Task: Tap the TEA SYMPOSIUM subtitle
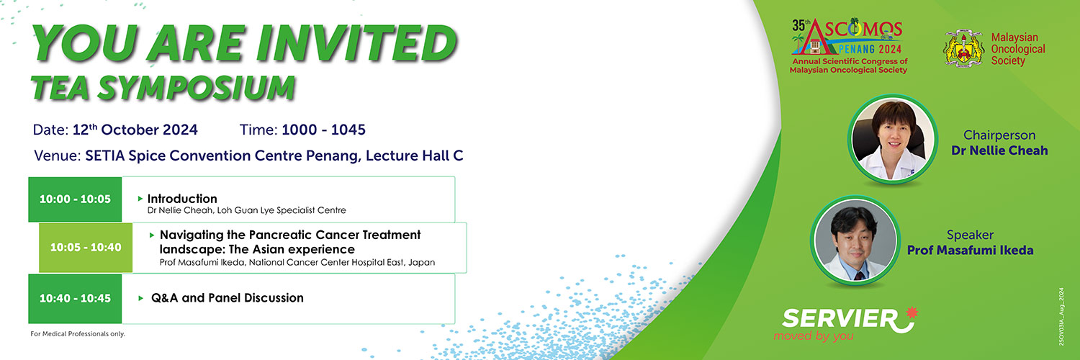[x=163, y=88]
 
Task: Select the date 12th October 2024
[x=135, y=130]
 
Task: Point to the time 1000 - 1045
[x=323, y=130]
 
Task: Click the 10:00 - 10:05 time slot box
[x=75, y=199]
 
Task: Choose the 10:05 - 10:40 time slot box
[x=86, y=248]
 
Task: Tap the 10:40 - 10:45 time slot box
[x=75, y=299]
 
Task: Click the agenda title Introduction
[x=182, y=199]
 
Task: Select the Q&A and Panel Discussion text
[x=228, y=298]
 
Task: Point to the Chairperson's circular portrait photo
[x=893, y=139]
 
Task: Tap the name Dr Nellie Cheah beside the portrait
[x=999, y=151]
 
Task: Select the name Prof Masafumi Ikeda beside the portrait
[x=970, y=250]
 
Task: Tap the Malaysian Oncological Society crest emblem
[x=964, y=49]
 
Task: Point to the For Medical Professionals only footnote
[x=78, y=333]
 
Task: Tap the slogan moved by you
[x=814, y=336]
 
